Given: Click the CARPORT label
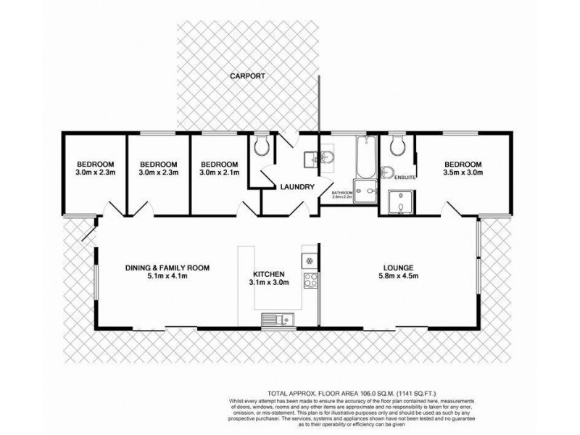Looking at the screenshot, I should coord(247,75).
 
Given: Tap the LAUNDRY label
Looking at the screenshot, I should coord(297,187).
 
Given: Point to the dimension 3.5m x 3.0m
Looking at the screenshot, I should coord(463,173).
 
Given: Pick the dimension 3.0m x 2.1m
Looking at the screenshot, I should coord(218,173).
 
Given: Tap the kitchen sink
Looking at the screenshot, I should coord(275,319).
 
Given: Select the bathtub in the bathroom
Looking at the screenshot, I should coord(364,158).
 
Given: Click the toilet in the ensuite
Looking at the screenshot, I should coord(397,148).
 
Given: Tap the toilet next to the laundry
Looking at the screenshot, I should coord(262,148).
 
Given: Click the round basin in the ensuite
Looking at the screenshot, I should coord(386,173).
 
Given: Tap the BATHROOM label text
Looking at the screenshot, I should coord(342,192).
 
